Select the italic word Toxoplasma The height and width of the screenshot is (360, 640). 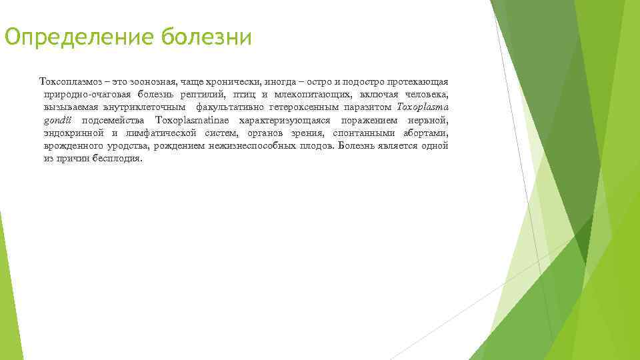423,107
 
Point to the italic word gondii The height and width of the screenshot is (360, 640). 58,119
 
